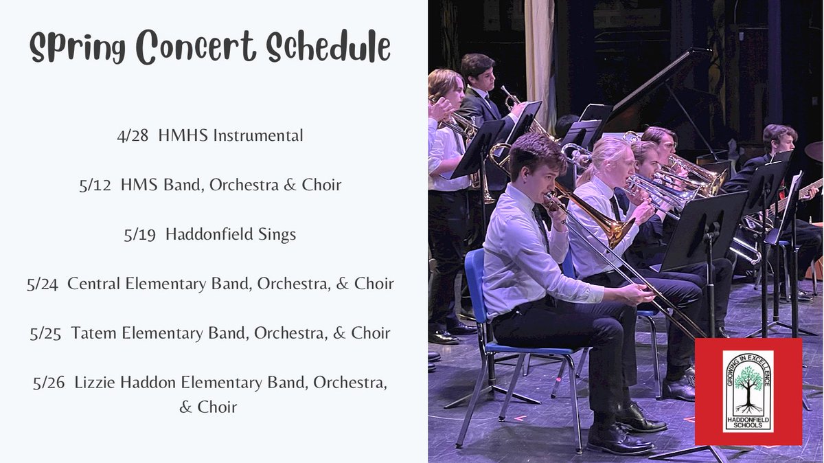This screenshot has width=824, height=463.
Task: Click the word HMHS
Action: click(x=183, y=136)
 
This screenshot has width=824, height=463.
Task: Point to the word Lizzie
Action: click(x=95, y=383)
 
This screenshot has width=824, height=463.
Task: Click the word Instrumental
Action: click(x=257, y=136)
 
